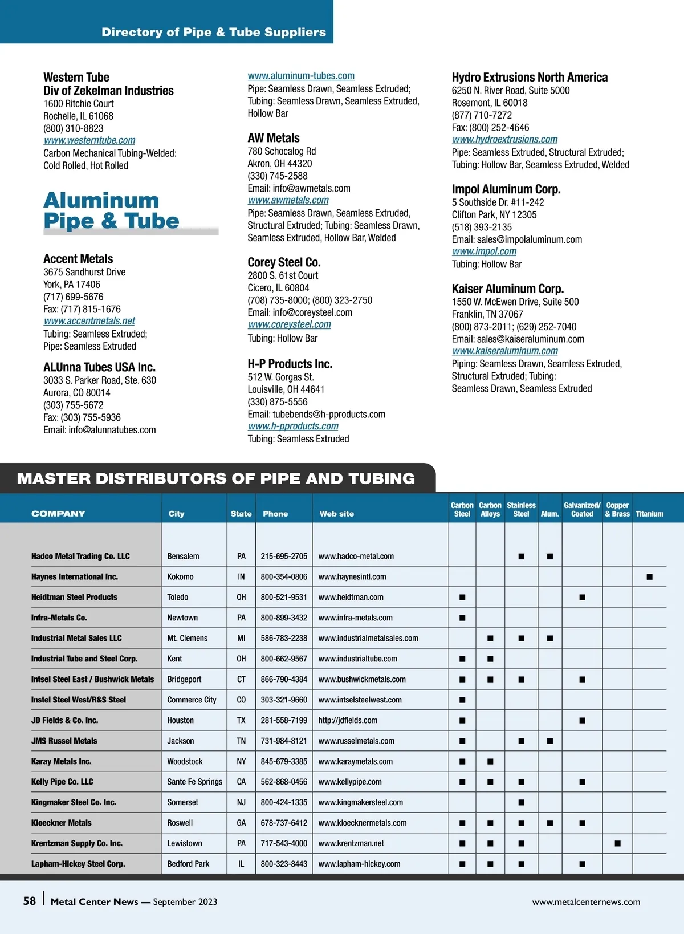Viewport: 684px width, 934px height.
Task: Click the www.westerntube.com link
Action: click(89, 140)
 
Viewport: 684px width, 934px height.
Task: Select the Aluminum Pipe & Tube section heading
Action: click(112, 211)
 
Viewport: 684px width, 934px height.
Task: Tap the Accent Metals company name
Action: click(78, 259)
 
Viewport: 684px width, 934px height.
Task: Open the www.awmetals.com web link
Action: click(288, 200)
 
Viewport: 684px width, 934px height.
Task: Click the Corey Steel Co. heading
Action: click(284, 262)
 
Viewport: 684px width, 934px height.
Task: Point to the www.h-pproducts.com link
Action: click(293, 426)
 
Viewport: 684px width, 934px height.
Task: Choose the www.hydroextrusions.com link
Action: click(505, 139)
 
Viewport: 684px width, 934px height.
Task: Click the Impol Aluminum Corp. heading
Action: click(506, 189)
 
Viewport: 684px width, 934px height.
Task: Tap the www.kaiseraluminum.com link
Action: click(505, 351)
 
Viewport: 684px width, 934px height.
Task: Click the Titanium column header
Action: click(649, 514)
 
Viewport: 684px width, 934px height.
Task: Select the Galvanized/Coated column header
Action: click(582, 509)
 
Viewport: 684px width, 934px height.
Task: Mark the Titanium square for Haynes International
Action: click(649, 577)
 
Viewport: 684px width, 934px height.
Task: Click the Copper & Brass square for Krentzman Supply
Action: click(617, 843)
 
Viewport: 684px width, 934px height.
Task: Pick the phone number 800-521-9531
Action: click(284, 597)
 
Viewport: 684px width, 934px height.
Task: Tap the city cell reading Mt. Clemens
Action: click(188, 638)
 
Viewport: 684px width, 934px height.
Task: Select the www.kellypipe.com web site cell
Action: click(350, 782)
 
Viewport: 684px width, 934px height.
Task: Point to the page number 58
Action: click(30, 901)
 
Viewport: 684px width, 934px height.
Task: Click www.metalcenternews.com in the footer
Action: click(586, 902)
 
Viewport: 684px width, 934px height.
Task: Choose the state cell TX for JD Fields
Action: click(241, 720)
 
